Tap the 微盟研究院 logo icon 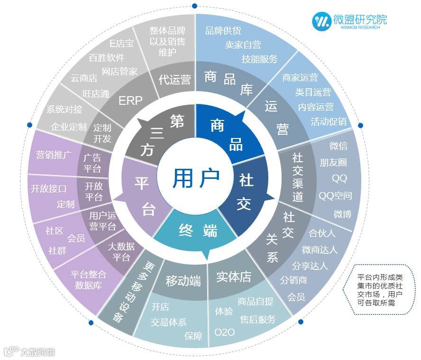(322, 20)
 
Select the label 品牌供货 (223, 31)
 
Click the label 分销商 (293, 280)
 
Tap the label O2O (224, 332)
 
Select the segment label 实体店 (233, 277)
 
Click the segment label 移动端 (183, 281)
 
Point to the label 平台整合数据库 (88, 280)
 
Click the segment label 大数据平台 (121, 252)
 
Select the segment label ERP (130, 101)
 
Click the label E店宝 (121, 44)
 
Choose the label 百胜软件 (107, 57)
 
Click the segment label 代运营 (174, 79)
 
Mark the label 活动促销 (329, 121)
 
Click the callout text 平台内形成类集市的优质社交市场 (380, 290)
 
